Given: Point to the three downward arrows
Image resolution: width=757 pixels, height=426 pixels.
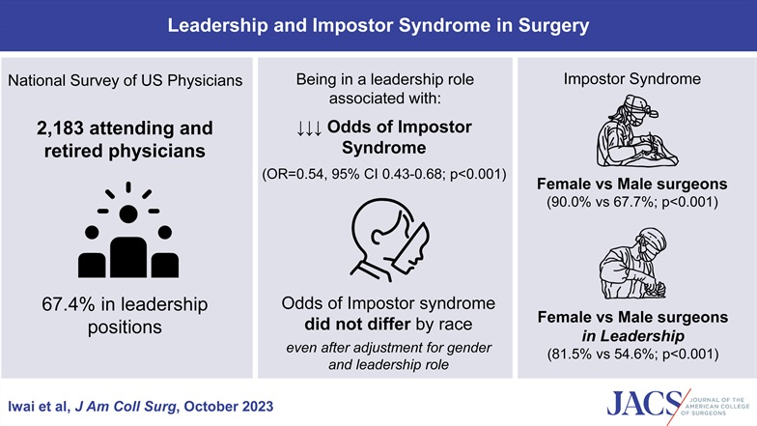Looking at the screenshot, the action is (309, 128).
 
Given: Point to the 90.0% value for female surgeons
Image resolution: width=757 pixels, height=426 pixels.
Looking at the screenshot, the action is (571, 201).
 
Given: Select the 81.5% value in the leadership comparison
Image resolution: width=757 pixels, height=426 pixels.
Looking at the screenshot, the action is (572, 354).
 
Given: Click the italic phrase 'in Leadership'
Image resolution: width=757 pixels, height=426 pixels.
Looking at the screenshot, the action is (632, 336).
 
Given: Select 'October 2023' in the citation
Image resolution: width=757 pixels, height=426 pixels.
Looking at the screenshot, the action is (228, 406).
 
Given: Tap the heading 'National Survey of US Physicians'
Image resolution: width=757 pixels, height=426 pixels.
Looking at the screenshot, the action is (126, 80).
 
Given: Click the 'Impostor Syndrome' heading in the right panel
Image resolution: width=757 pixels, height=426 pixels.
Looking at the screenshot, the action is (631, 79).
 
